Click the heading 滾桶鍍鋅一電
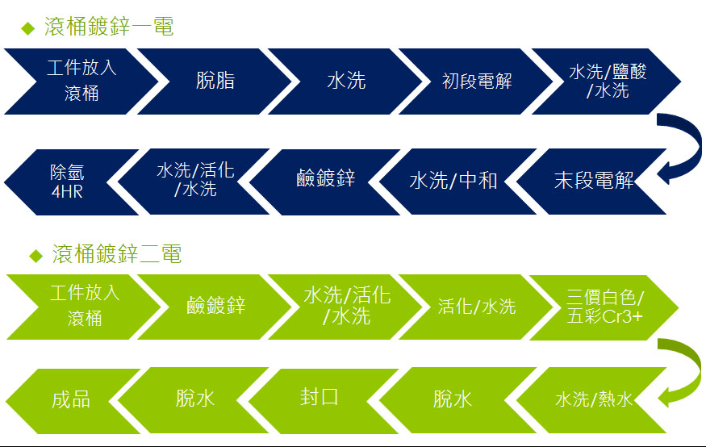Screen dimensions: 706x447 point(109,27)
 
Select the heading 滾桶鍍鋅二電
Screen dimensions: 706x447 point(117,254)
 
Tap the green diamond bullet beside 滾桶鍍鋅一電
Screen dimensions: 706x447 point(28,28)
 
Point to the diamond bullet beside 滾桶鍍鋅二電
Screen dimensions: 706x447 point(36,256)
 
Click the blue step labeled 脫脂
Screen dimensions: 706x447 point(215,81)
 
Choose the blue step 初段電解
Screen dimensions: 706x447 point(476,81)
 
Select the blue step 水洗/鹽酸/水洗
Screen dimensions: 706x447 point(607,81)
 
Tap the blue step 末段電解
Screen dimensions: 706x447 point(591,182)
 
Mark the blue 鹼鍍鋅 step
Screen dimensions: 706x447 point(325,182)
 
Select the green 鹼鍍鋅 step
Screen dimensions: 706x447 point(215,307)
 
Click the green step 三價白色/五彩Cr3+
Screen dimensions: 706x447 point(604,307)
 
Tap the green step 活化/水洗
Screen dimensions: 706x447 point(476,307)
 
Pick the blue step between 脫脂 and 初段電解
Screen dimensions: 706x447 point(346,81)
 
